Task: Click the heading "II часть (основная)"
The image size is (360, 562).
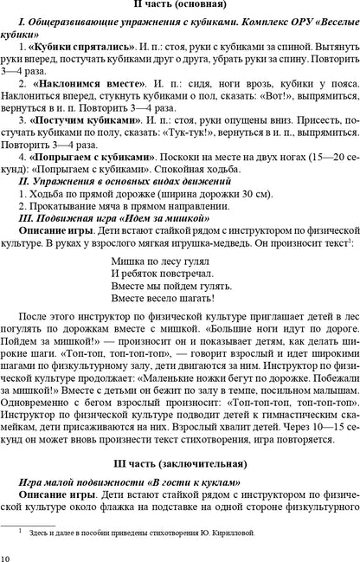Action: (x=181, y=8)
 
